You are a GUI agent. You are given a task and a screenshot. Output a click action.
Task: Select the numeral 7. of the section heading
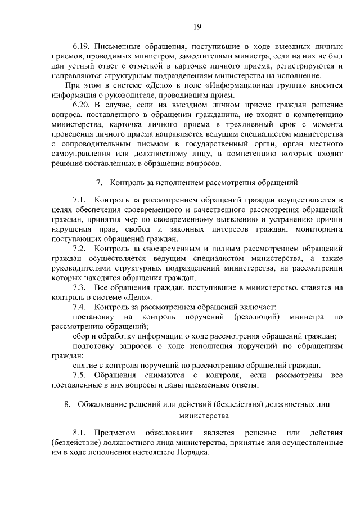(x=99, y=182)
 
